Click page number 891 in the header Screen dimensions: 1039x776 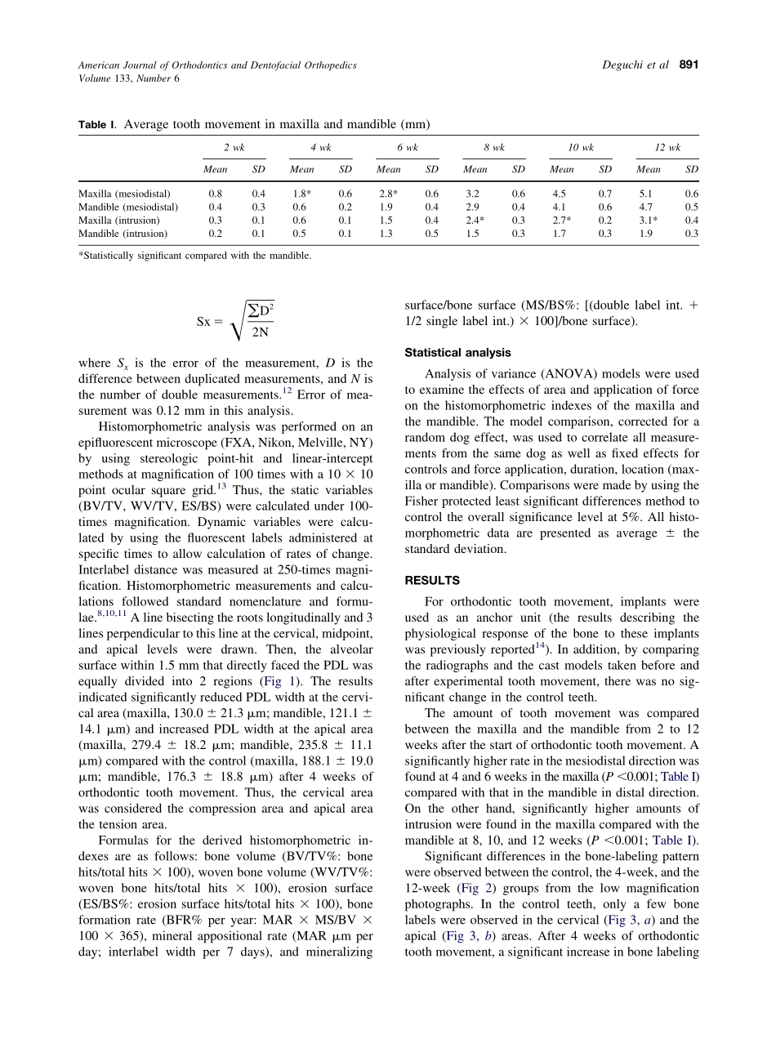click(688, 65)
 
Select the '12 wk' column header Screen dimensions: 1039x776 click(667, 148)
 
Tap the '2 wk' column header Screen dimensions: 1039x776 click(234, 148)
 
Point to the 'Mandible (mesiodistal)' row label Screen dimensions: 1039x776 click(127, 207)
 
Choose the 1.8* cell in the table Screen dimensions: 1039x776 click(302, 194)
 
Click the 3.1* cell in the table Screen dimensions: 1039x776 click(649, 221)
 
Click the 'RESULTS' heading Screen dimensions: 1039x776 click(432, 581)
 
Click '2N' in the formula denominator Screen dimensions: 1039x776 click(260, 332)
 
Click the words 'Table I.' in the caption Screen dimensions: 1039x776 click(98, 125)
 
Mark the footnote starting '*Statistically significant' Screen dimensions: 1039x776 click(194, 255)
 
